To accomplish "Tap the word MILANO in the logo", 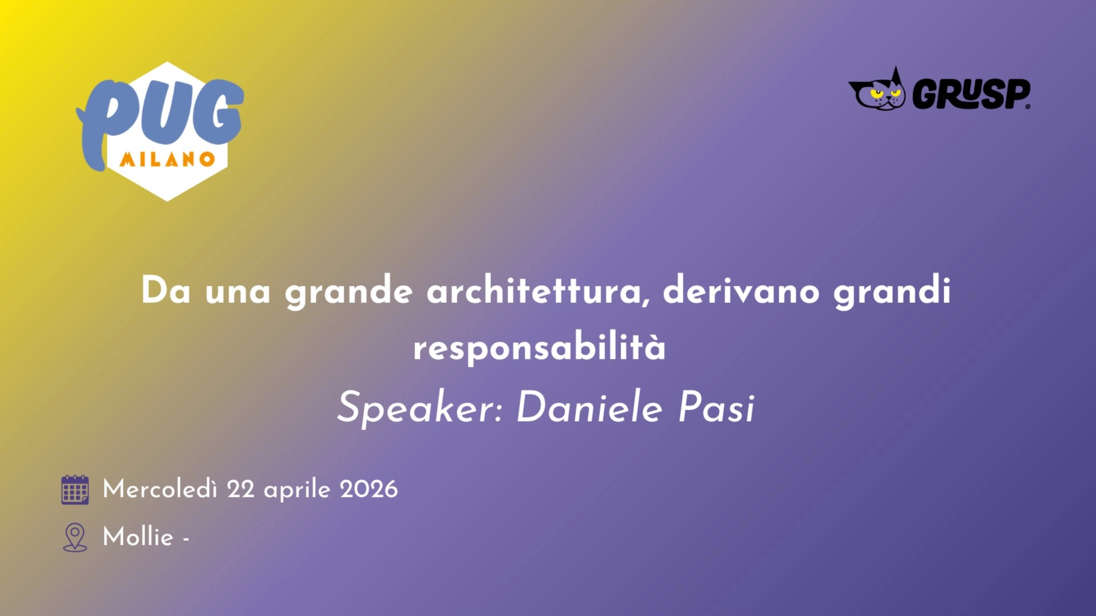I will pos(167,159).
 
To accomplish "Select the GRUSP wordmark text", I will pos(971,94).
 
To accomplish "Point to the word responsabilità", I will pos(539,347).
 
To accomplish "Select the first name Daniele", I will pos(589,408).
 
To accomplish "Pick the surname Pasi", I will pos(716,408).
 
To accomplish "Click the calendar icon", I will pos(75,489).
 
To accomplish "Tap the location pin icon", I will pos(75,537).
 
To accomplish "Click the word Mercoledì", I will pos(160,489).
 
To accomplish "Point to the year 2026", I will pos(368,489).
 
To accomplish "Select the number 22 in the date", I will pos(240,489).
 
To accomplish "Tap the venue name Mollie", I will pos(138,537).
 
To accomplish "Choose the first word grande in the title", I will pos(348,291).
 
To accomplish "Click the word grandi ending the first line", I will pos(892,291).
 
